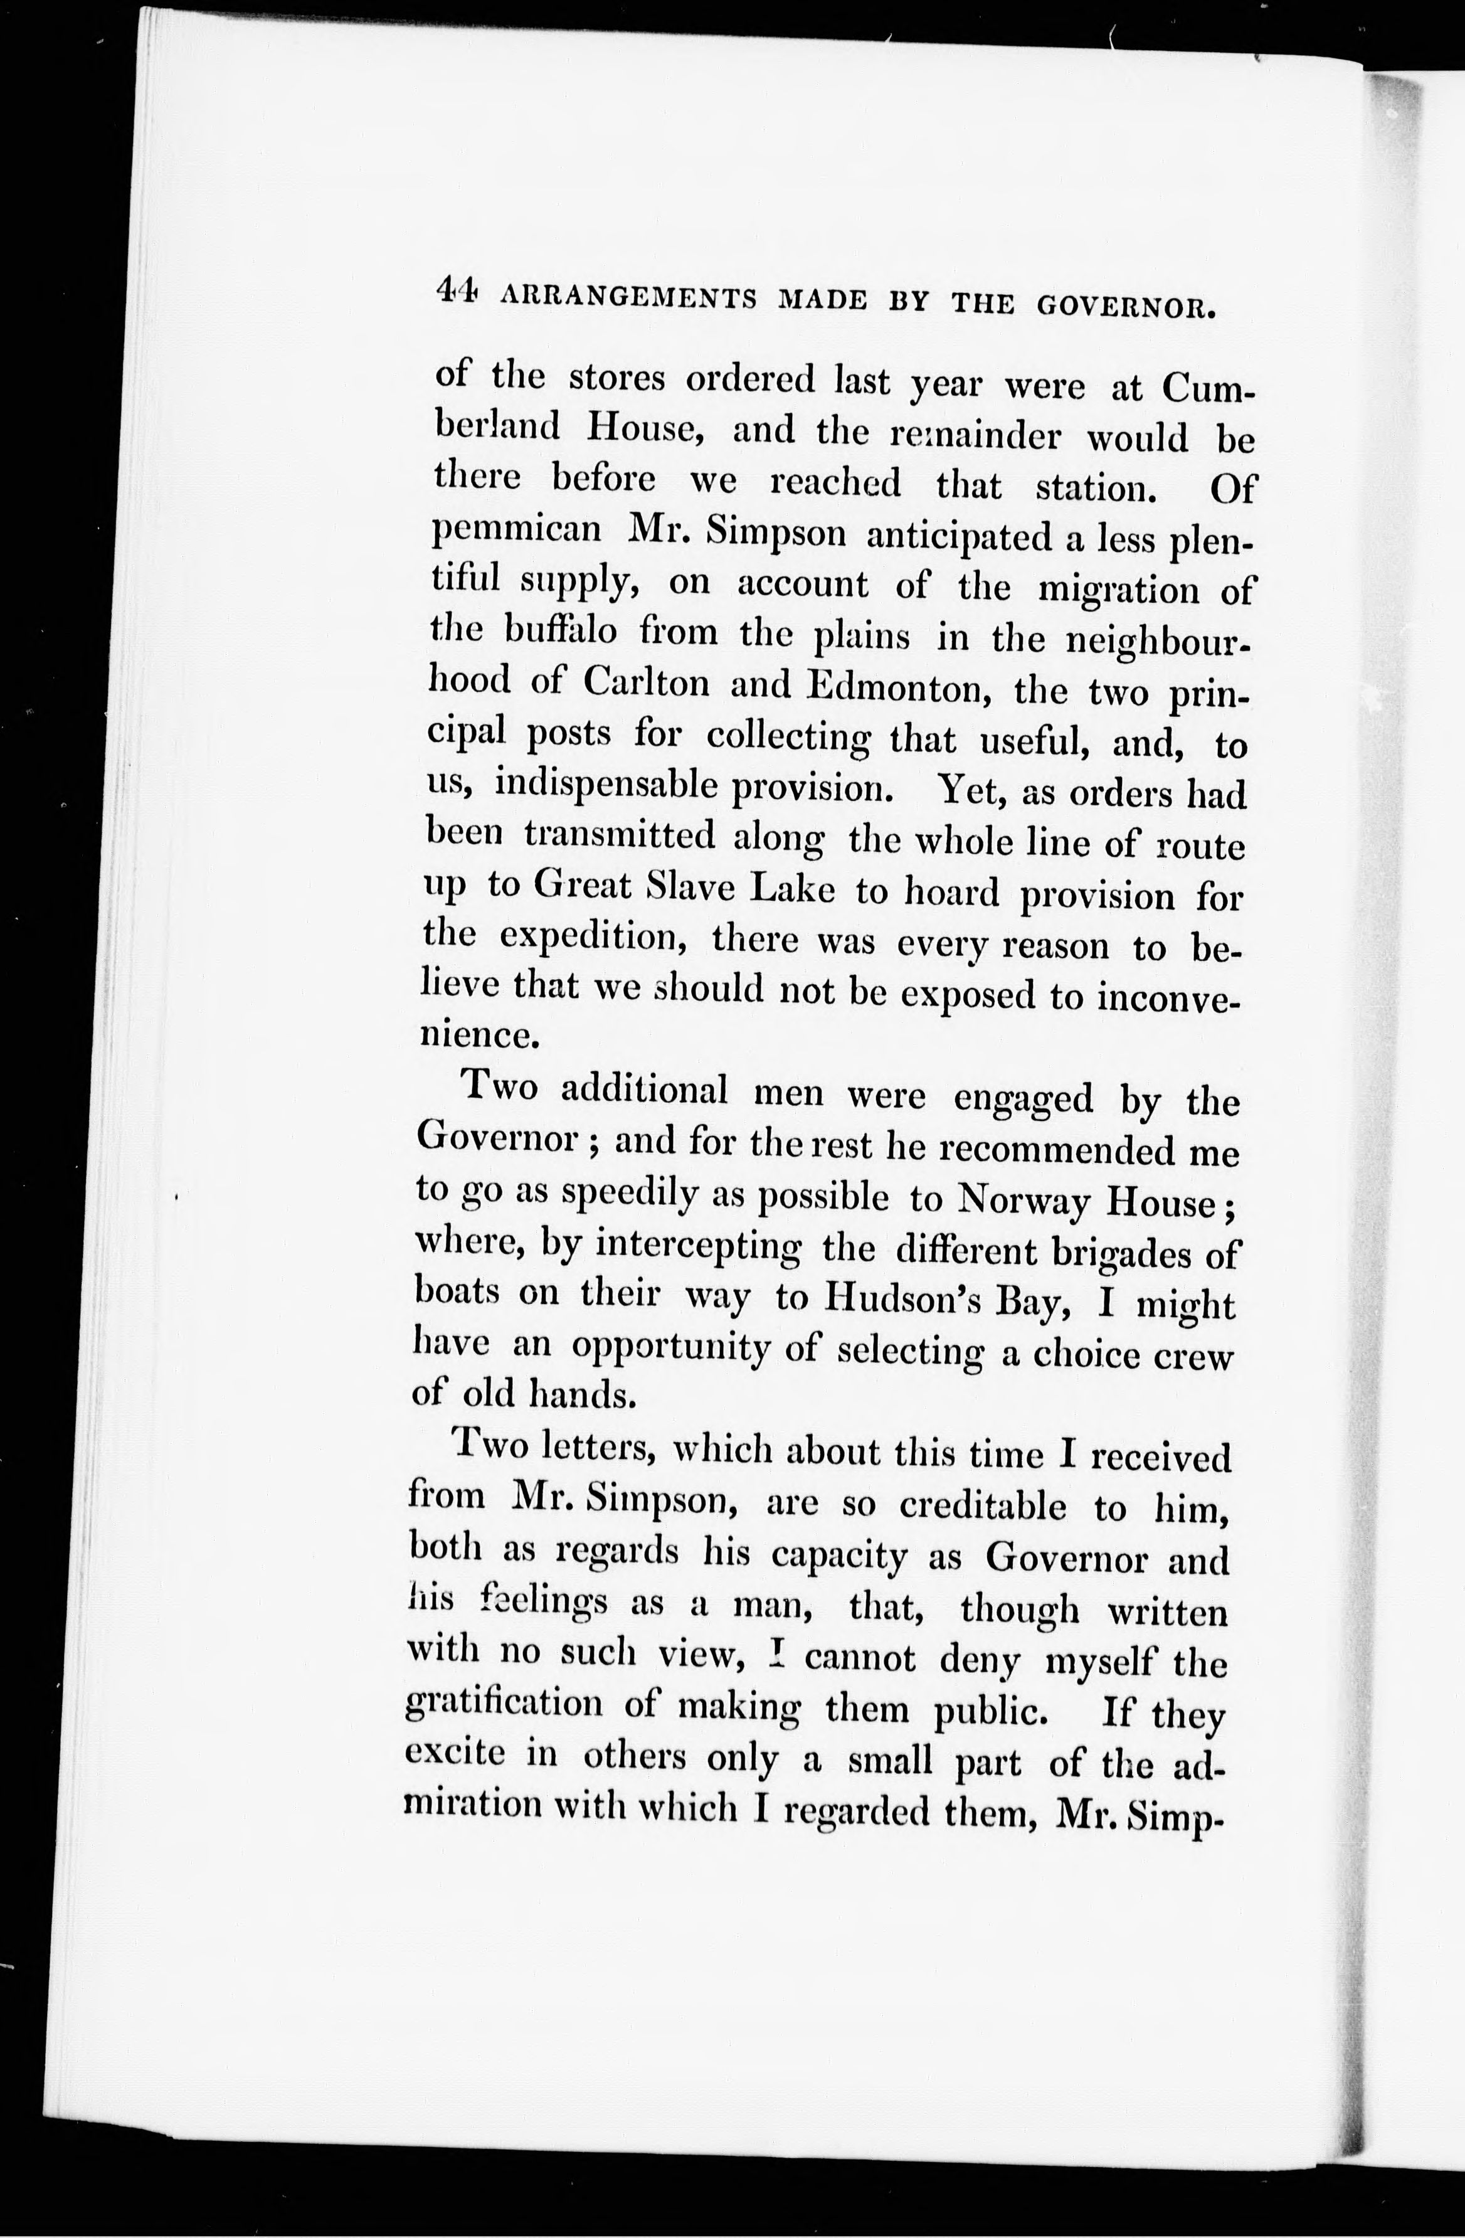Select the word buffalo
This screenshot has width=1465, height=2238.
tap(561, 632)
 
